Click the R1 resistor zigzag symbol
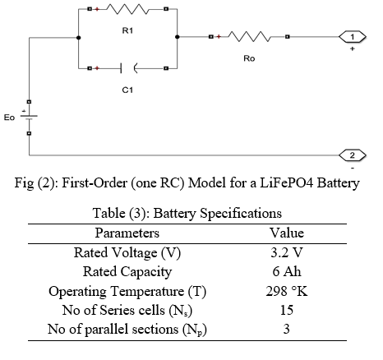[x=127, y=9]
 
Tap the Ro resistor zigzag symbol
[x=249, y=36]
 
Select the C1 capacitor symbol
[x=127, y=68]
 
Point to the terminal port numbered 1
[x=353, y=37]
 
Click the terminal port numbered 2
[x=353, y=155]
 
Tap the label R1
[x=127, y=30]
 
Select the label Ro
[x=249, y=58]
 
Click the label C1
[x=127, y=90]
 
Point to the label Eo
[x=9, y=118]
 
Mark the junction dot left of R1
[x=78, y=38]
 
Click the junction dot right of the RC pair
[x=178, y=37]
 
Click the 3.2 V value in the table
[x=287, y=252]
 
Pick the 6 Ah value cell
[x=287, y=271]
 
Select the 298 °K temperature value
[x=287, y=291]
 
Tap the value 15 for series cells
[x=287, y=310]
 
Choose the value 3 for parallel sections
[x=286, y=329]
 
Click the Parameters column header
[x=127, y=233]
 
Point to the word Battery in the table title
[x=174, y=213]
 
